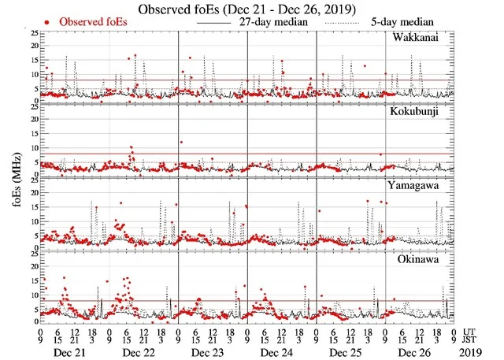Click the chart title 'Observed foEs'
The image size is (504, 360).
(x=251, y=9)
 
